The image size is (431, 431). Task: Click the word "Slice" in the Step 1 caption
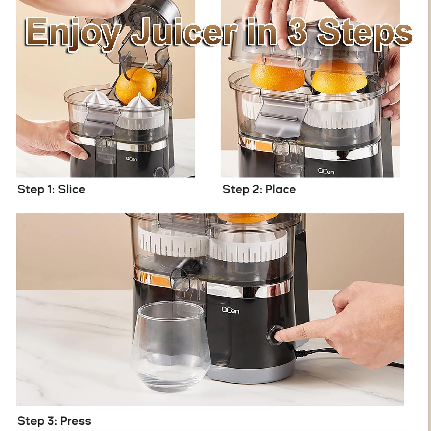pyautogui.click(x=72, y=189)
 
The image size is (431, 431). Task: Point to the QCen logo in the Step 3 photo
pyautogui.click(x=230, y=310)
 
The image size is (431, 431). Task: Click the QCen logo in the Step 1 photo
pyautogui.click(x=131, y=159)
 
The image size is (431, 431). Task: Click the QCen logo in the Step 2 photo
pyautogui.click(x=326, y=171)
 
